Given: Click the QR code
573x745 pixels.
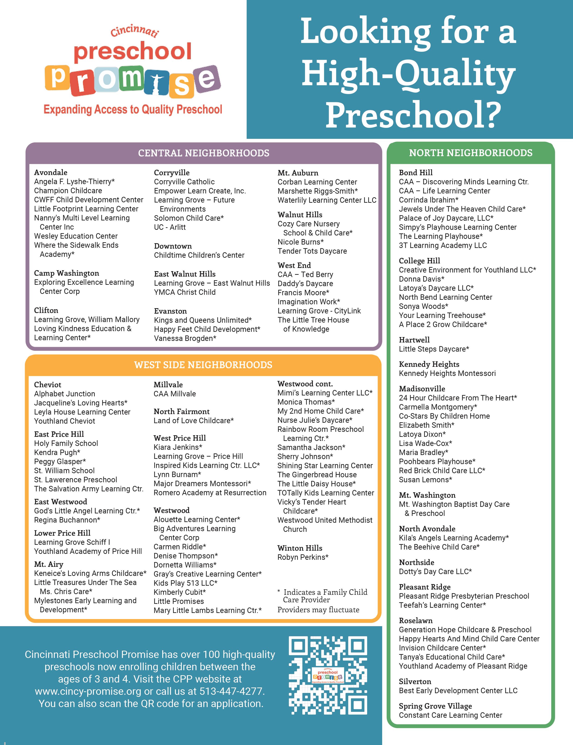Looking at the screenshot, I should coord(328,675).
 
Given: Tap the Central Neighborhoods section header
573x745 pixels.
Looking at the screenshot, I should coord(204,153).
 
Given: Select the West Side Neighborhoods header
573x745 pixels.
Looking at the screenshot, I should coord(203,365).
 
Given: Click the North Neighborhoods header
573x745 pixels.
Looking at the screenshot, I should coord(471,153).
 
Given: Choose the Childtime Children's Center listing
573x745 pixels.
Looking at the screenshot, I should coord(199,255).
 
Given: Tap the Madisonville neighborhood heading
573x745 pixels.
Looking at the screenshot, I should coord(422,389).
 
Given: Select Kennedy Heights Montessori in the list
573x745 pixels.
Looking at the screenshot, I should coord(447,373).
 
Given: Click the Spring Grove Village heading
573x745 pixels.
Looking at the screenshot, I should coord(435,706).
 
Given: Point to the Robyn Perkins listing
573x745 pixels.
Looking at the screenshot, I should coord(303,557).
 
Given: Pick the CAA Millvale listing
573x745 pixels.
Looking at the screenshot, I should coord(175,394).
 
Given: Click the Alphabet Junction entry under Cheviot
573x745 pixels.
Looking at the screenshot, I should coord(65,394).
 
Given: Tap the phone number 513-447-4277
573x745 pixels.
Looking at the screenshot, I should coord(232,691).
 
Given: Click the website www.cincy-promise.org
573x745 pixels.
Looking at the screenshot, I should coord(88,691).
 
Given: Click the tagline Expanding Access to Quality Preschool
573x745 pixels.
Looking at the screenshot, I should coord(133,110).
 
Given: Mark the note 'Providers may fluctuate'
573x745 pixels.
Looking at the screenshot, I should coord(318,610).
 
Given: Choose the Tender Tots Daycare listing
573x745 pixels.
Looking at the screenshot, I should coord(312,251).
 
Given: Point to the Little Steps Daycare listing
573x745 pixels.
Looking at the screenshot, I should coord(434,349).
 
